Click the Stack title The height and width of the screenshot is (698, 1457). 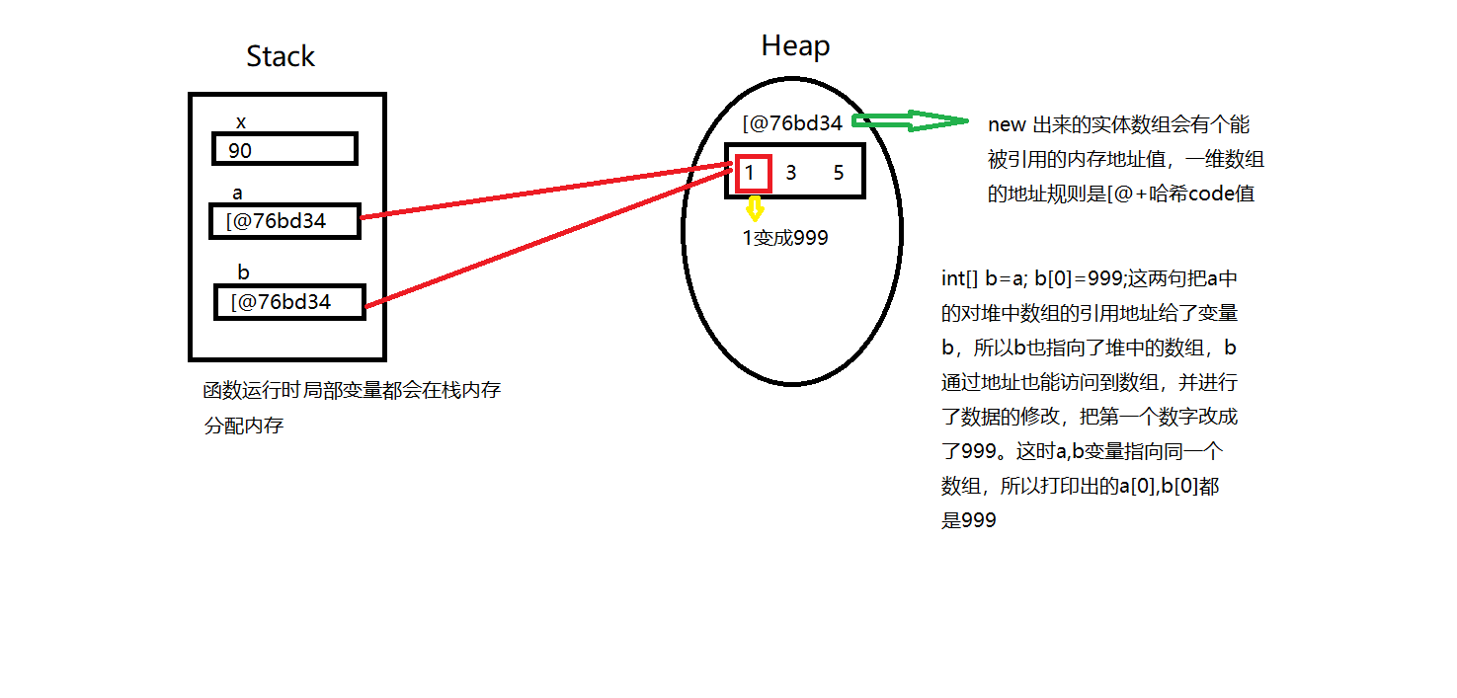click(281, 57)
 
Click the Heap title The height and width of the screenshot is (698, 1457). click(795, 46)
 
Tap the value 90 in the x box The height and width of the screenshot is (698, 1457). click(240, 151)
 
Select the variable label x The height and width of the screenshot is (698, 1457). click(241, 122)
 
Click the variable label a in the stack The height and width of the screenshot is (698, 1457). click(237, 193)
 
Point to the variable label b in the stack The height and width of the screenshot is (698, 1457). click(243, 271)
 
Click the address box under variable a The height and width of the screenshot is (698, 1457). click(284, 221)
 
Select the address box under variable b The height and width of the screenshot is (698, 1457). click(289, 302)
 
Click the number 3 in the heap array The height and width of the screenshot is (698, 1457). click(791, 173)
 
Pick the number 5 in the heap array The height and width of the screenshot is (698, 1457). click(839, 173)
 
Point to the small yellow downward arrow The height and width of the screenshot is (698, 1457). click(755, 209)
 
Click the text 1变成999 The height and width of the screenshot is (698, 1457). click(785, 238)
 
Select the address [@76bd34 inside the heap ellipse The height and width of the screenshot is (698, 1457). click(792, 123)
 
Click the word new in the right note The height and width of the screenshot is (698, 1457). click(1007, 125)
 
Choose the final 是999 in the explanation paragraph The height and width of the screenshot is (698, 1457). click(969, 520)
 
